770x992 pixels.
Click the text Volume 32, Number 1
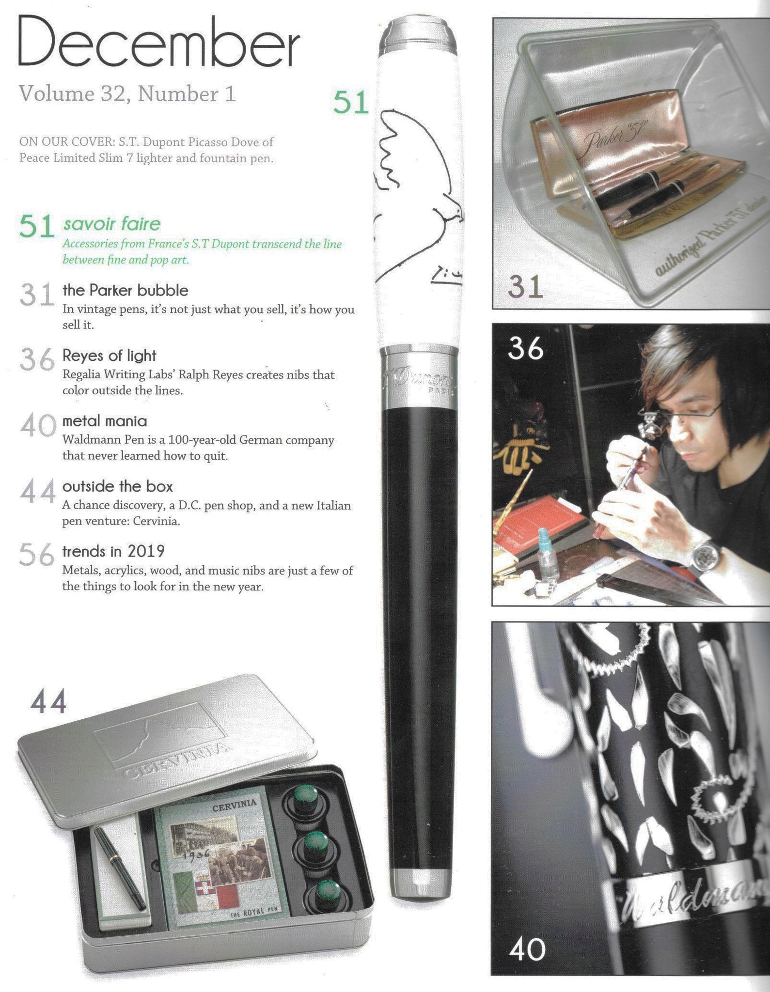click(127, 93)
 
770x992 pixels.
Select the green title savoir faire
click(111, 224)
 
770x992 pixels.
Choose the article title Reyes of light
click(110, 356)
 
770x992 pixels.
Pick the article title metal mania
click(105, 421)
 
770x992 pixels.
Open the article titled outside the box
click(118, 486)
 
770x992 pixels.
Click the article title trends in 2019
click(114, 551)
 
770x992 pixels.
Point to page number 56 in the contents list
click(36, 555)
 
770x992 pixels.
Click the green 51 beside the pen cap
click(351, 103)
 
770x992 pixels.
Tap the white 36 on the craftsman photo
click(526, 348)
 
